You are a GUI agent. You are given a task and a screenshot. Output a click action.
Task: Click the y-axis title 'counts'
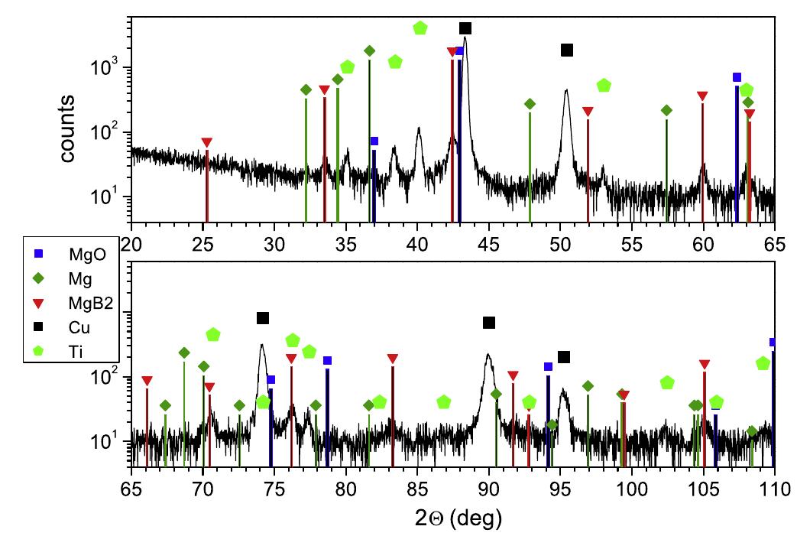coord(68,129)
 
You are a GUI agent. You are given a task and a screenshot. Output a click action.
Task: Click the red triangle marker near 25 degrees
coord(207,143)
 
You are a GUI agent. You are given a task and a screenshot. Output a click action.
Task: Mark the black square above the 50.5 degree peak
coord(567,50)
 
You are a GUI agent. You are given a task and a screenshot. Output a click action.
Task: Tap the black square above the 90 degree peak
coord(489,323)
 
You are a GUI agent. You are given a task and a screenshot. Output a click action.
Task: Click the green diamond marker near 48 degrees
coord(530,104)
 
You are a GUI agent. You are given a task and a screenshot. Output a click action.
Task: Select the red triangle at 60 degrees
coord(702,96)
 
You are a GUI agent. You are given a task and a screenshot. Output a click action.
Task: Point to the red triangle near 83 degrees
coord(393,359)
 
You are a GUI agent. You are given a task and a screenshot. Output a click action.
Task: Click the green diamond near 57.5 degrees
coord(666,111)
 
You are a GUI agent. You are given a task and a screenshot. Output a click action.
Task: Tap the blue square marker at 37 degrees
coord(374,141)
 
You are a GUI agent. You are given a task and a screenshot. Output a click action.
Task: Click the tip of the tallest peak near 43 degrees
coord(465,38)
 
